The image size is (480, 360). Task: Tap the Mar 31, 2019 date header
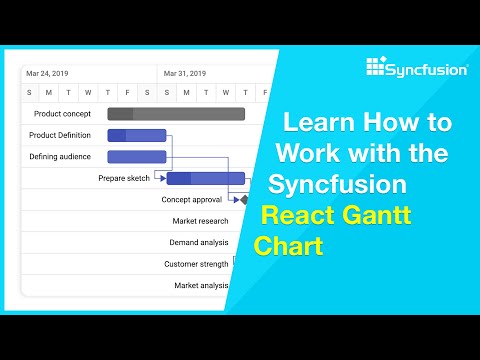pyautogui.click(x=184, y=73)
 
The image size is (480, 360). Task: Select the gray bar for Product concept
pyautogui.click(x=176, y=114)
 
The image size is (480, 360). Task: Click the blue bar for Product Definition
pyautogui.click(x=136, y=135)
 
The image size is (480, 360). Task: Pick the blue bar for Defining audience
pyautogui.click(x=136, y=157)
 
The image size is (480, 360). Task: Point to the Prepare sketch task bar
pyautogui.click(x=205, y=179)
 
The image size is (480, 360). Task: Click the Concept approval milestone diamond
pyautogui.click(x=244, y=200)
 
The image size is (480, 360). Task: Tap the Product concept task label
pyautogui.click(x=62, y=114)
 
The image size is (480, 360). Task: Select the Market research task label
pyautogui.click(x=200, y=221)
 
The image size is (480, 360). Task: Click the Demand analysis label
pyautogui.click(x=199, y=242)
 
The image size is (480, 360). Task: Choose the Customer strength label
pyautogui.click(x=196, y=264)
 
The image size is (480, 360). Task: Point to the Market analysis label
pyautogui.click(x=201, y=285)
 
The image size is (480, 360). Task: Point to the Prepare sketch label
pyautogui.click(x=124, y=178)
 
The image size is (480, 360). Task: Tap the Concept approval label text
pyautogui.click(x=192, y=200)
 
